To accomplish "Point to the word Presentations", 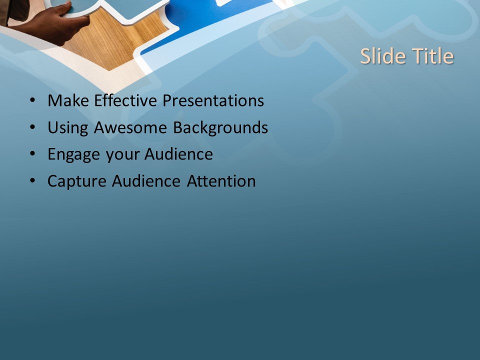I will [213, 101].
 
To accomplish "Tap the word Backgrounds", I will [220, 128].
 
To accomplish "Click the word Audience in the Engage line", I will [178, 154].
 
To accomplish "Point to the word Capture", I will [77, 181].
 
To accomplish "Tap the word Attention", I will [221, 181].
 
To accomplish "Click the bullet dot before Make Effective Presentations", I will [32, 101].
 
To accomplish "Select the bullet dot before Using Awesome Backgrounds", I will [32, 128].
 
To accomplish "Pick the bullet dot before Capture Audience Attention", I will [32, 181].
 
